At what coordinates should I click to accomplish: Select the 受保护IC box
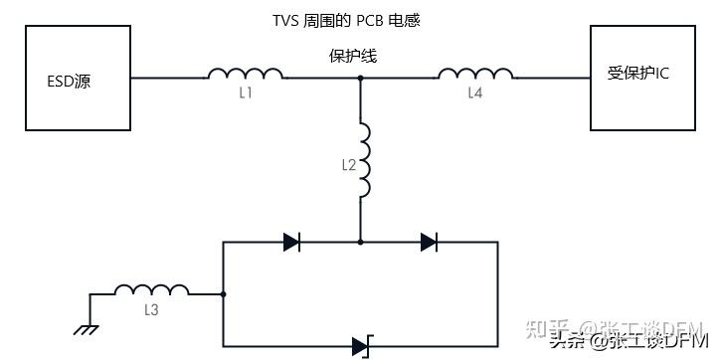[x=643, y=78]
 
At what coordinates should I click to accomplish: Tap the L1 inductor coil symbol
[x=245, y=73]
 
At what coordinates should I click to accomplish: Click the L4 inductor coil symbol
[x=475, y=73]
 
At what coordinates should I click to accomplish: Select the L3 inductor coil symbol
[x=151, y=290]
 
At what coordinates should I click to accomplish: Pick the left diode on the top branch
[x=291, y=241]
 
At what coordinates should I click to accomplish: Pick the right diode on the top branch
[x=429, y=241]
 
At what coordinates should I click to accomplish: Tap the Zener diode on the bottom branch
[x=360, y=347]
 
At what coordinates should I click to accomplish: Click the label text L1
[x=245, y=93]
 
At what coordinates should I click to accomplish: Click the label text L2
[x=347, y=164]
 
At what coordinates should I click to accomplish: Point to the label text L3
[x=151, y=310]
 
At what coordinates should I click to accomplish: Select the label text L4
[x=475, y=93]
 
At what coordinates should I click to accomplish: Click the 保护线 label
[x=353, y=57]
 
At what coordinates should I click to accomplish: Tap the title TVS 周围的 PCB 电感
[x=354, y=20]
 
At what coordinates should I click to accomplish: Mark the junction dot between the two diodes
[x=360, y=241]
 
